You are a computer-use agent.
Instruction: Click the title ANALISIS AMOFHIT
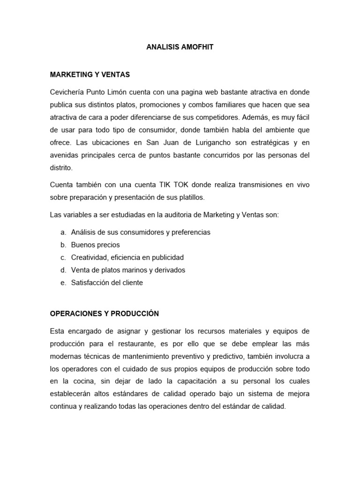pos(180,47)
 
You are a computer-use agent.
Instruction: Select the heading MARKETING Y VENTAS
pos(90,75)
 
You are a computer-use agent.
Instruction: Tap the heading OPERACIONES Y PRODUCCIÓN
pos(105,313)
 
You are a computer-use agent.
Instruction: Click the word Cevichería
pos(67,92)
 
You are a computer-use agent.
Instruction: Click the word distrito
pos(61,168)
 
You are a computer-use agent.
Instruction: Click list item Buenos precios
pos(95,245)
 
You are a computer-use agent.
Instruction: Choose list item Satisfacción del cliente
pos(107,283)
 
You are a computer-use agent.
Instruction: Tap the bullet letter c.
pos(63,257)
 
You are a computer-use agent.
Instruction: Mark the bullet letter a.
pos(63,232)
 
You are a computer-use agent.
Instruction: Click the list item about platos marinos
pos(128,270)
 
